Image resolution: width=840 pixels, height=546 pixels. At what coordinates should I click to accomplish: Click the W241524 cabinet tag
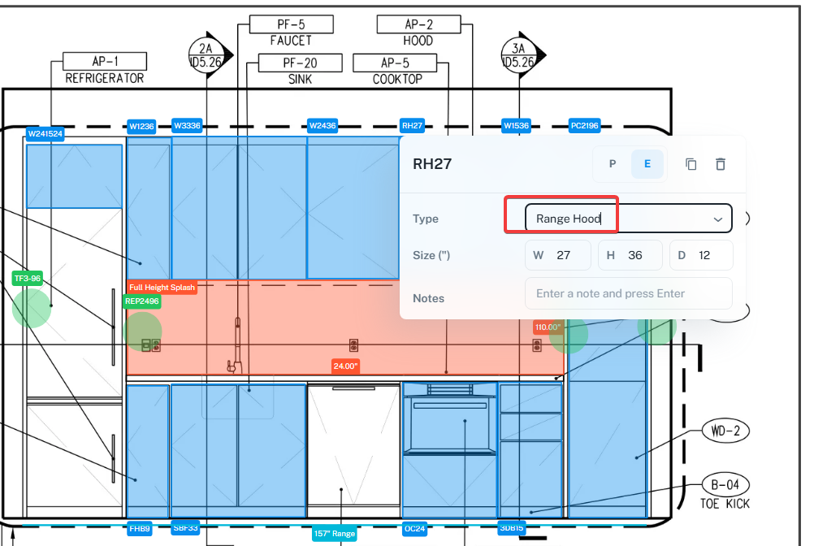pyautogui.click(x=45, y=134)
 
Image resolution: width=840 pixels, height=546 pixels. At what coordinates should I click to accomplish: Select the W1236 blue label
pyautogui.click(x=141, y=127)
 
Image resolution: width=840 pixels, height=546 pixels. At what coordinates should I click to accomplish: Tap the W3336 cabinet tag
pyautogui.click(x=187, y=126)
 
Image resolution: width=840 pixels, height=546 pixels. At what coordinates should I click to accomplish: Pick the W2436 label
pyautogui.click(x=323, y=126)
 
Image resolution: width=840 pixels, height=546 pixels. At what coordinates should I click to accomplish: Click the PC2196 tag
pyautogui.click(x=584, y=126)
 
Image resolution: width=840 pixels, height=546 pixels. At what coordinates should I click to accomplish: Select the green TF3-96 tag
pyautogui.click(x=28, y=279)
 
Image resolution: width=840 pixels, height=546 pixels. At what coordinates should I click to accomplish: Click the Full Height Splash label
pyautogui.click(x=162, y=287)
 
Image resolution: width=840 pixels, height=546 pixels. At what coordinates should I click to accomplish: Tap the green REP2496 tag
pyautogui.click(x=142, y=301)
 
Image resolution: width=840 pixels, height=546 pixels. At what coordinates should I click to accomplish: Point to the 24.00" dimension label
pyautogui.click(x=345, y=366)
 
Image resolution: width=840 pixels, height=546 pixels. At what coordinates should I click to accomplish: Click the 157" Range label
pyautogui.click(x=335, y=533)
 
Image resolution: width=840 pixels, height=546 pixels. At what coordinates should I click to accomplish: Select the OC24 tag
pyautogui.click(x=414, y=529)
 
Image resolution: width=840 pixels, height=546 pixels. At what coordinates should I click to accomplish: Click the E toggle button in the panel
pyautogui.click(x=647, y=164)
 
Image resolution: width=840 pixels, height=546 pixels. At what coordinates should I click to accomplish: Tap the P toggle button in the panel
pyautogui.click(x=613, y=164)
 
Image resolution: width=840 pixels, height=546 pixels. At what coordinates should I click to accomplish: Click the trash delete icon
pyautogui.click(x=721, y=164)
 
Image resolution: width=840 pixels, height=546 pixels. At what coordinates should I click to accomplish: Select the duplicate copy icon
pyautogui.click(x=691, y=164)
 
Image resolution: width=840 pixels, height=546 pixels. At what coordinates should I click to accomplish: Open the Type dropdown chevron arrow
pyautogui.click(x=718, y=219)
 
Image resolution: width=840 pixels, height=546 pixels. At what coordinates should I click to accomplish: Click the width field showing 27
pyautogui.click(x=558, y=255)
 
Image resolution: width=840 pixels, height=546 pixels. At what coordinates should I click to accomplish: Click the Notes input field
pyautogui.click(x=629, y=293)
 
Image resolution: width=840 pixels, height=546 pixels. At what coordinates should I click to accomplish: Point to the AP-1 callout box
pyautogui.click(x=105, y=61)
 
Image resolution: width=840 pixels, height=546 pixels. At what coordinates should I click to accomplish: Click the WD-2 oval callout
pyautogui.click(x=726, y=431)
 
